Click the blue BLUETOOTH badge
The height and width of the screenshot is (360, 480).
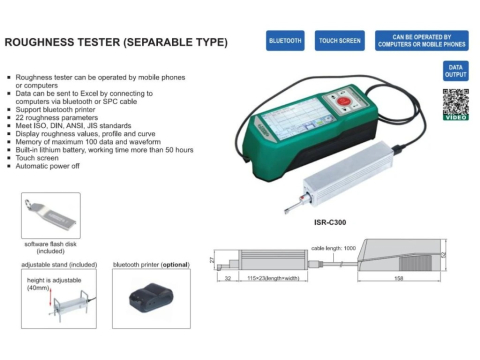[285, 41]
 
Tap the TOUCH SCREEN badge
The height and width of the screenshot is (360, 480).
[340, 41]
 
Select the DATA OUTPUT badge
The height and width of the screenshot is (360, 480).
[456, 71]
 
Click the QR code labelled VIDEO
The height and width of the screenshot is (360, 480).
[456, 104]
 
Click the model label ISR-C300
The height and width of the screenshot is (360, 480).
[330, 222]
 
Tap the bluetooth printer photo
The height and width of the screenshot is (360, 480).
[151, 298]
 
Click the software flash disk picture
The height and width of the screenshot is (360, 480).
[51, 215]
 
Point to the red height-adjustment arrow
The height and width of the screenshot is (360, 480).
[51, 298]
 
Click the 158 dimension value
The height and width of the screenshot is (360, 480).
[399, 278]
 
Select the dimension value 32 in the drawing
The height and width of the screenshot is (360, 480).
[228, 278]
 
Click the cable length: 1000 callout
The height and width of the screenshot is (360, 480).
[333, 248]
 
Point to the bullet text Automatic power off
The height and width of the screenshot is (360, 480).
[47, 166]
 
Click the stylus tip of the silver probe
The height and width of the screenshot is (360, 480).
[286, 211]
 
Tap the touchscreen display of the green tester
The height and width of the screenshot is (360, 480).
[296, 118]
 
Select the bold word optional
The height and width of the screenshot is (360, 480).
[175, 265]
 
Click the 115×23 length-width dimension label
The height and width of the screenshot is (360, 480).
[273, 278]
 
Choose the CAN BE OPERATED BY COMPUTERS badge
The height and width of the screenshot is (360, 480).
[422, 41]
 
